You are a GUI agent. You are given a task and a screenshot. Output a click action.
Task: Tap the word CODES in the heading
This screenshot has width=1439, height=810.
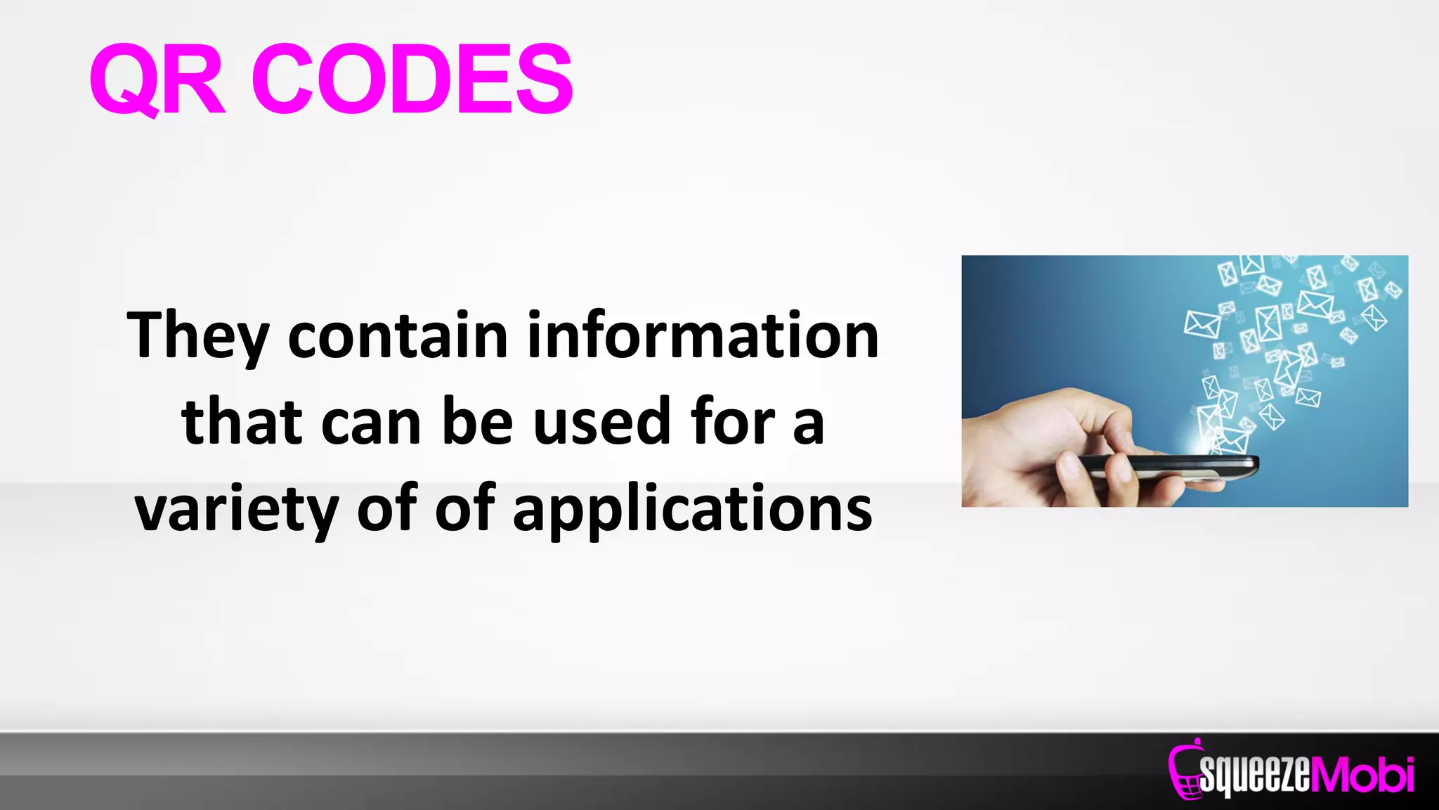412,79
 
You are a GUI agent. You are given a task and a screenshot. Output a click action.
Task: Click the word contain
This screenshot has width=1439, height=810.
398,336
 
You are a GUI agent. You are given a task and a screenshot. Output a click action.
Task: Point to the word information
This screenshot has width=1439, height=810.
703,336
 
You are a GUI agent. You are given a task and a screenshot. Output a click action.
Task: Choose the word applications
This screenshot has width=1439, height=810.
693,510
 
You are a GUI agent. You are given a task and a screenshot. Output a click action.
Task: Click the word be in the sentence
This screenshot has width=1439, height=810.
477,422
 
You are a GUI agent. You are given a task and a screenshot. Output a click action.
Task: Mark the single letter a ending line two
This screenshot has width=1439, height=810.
808,425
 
